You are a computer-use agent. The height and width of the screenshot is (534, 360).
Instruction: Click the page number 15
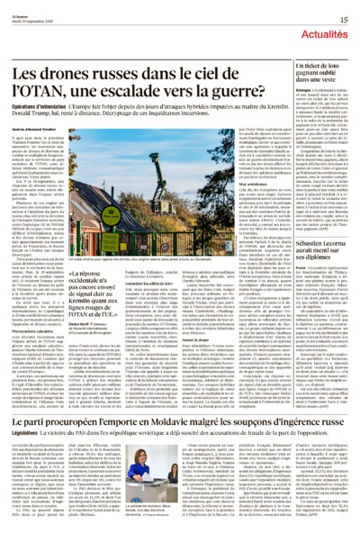[x=344, y=18]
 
